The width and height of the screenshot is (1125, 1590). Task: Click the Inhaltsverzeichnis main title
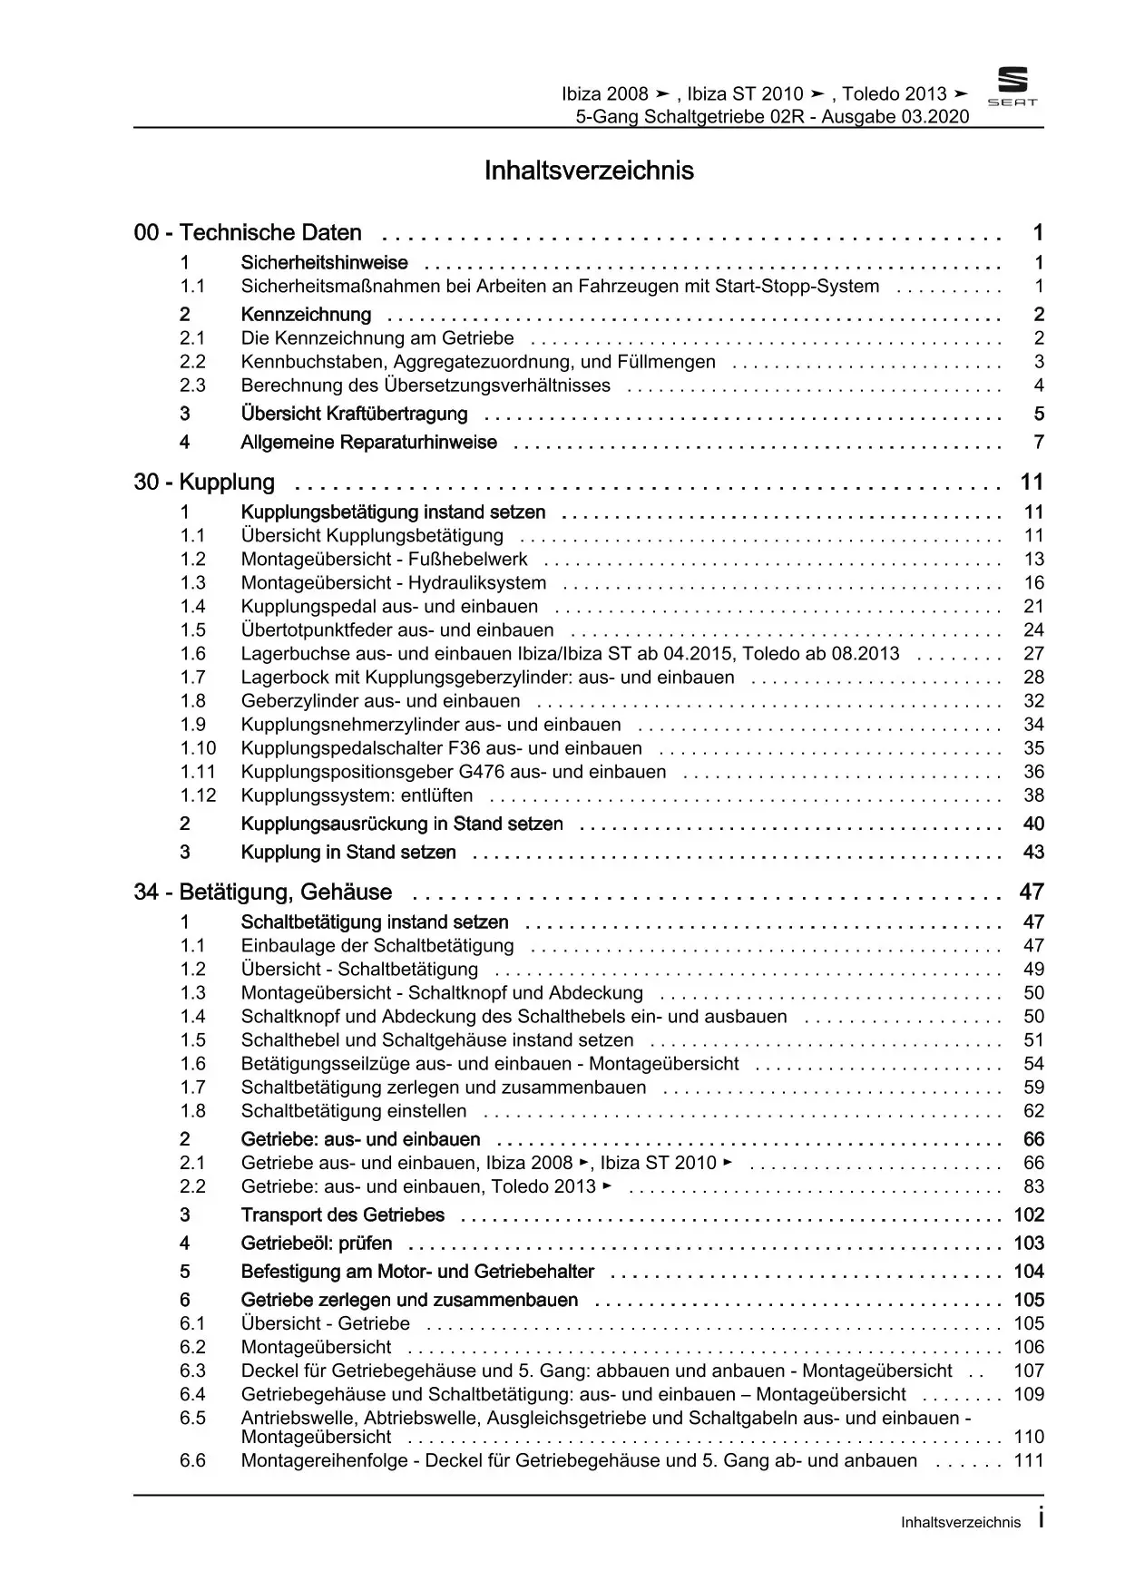point(589,171)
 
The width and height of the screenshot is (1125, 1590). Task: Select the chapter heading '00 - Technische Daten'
point(248,233)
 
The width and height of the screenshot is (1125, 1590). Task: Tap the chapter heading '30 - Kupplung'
point(204,483)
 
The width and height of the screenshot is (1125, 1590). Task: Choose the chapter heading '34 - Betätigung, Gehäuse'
point(263,893)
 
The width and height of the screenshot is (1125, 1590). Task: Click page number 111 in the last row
point(1029,1460)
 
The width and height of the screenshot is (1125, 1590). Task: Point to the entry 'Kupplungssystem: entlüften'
point(357,795)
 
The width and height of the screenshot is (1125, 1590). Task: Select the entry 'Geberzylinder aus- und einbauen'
point(380,701)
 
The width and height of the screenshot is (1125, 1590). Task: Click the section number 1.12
point(198,795)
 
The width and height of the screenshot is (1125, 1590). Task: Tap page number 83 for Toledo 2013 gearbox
point(1033,1186)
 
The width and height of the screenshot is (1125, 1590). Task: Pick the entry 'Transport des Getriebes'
point(342,1215)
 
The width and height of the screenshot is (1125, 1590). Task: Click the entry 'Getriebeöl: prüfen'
point(317,1244)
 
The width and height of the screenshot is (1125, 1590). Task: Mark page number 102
point(1029,1215)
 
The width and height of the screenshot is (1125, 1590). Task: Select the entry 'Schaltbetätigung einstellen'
point(354,1111)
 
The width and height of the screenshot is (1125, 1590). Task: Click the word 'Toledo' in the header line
point(871,94)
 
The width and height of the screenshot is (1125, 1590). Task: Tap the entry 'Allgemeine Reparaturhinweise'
point(368,443)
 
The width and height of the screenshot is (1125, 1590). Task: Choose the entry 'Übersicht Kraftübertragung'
point(354,415)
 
